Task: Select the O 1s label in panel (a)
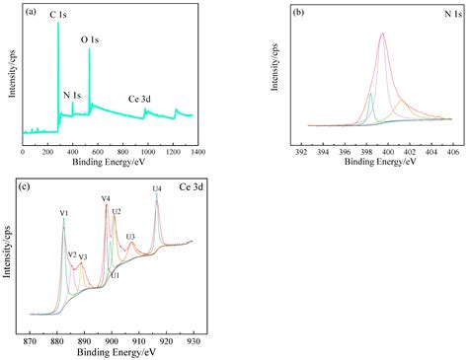(89, 40)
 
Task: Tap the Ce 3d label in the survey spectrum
(140, 99)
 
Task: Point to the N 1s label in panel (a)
(72, 95)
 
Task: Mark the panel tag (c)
(36, 184)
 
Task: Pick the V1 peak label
(63, 213)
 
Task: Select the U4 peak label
(156, 187)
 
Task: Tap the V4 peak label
(106, 199)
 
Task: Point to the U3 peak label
(130, 237)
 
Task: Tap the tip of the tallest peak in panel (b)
(382, 34)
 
